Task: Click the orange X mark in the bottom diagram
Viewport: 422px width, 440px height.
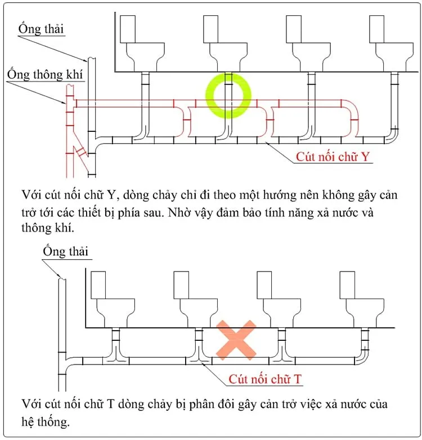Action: click(x=237, y=340)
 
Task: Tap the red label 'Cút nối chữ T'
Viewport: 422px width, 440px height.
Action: click(x=266, y=379)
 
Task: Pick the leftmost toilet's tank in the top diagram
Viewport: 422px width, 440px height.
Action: click(x=129, y=29)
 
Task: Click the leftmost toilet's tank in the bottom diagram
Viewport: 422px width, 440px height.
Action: click(x=99, y=285)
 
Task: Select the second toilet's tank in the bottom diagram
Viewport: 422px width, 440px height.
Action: click(x=181, y=285)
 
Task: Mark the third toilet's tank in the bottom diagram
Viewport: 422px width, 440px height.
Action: click(x=264, y=285)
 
